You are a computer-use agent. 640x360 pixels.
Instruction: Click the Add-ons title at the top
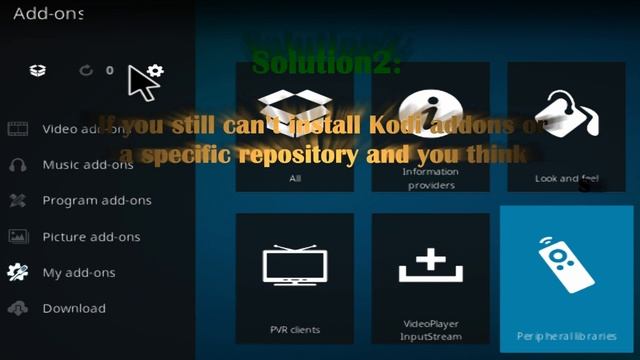[48, 14]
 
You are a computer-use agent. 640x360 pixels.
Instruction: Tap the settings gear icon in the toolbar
[155, 71]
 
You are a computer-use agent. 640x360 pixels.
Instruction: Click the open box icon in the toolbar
[37, 71]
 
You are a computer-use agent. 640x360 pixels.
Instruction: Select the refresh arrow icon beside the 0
[87, 71]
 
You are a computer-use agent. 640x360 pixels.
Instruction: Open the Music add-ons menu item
[88, 165]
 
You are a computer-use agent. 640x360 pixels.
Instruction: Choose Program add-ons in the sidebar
[96, 201]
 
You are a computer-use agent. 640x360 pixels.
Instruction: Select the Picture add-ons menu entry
[91, 237]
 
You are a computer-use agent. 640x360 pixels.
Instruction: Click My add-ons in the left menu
[79, 273]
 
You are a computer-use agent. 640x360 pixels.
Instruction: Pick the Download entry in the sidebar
[74, 309]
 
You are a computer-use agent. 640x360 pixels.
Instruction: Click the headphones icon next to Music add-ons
[18, 165]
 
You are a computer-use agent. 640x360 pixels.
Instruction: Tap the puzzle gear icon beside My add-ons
[18, 272]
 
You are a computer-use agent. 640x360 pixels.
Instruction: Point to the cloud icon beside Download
[18, 309]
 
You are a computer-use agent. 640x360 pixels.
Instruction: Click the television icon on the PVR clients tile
[294, 264]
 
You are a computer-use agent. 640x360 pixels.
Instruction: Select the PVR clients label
[294, 328]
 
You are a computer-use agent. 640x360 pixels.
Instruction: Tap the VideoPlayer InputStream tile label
[430, 329]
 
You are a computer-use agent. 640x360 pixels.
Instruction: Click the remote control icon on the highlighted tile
[566, 264]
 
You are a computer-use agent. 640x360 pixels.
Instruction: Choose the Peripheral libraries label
[566, 336]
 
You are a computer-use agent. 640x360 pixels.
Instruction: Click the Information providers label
[430, 178]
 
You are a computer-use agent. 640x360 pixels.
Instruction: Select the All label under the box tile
[294, 178]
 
